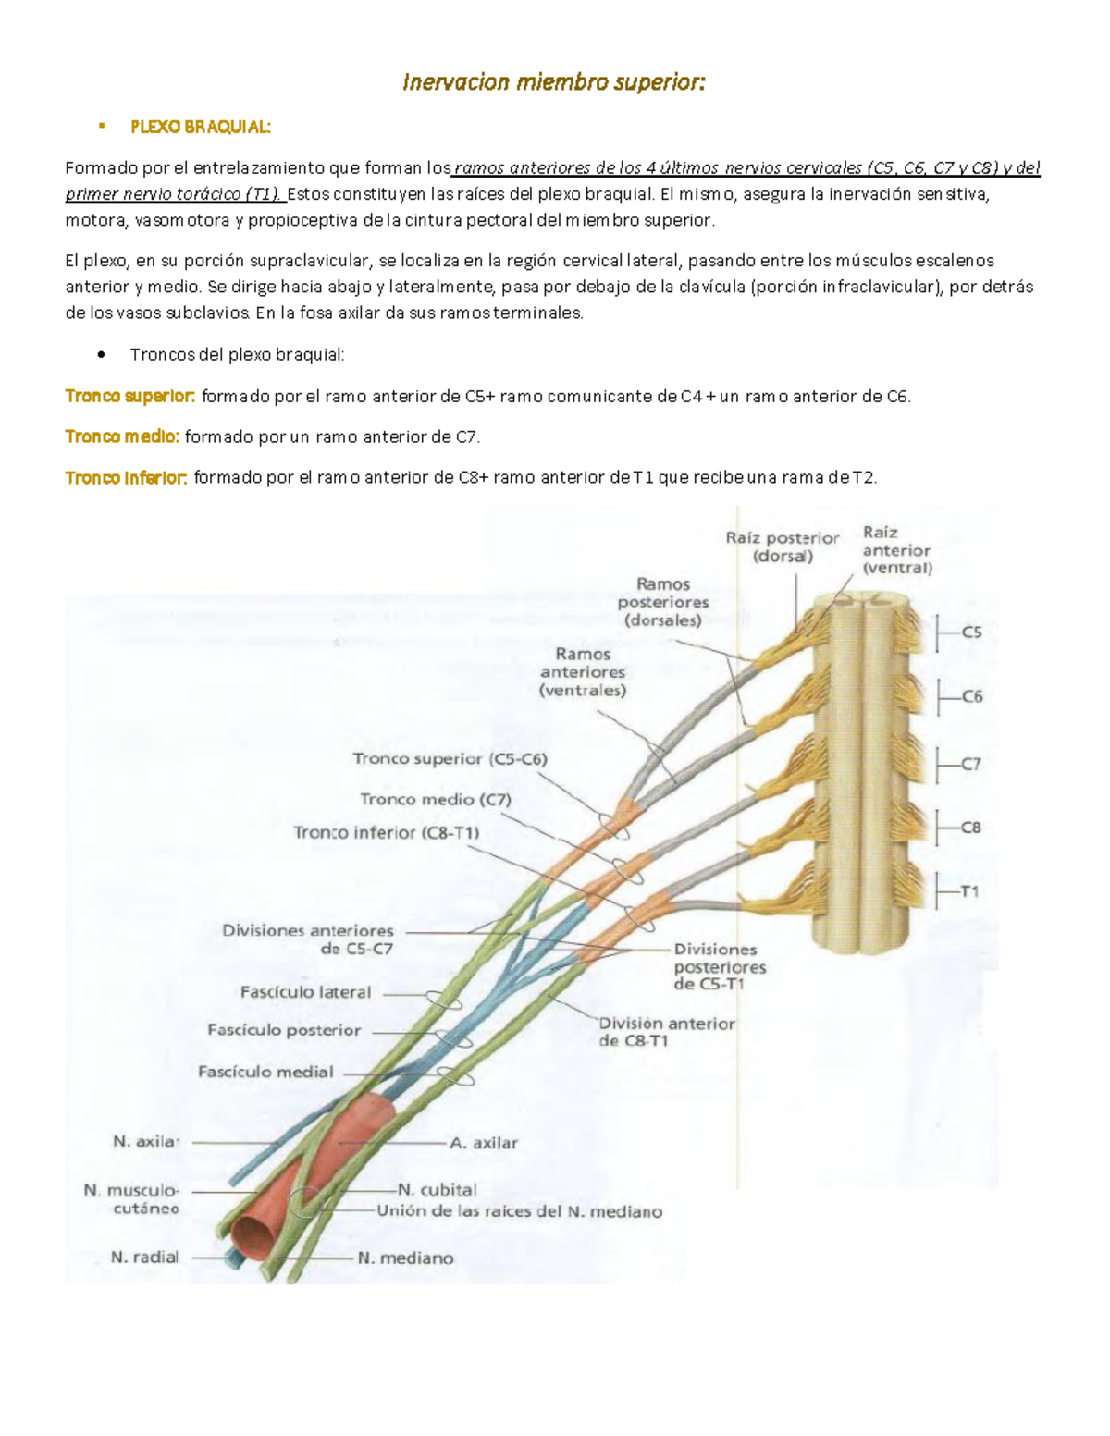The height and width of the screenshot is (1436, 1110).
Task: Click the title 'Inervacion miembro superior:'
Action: coord(553,82)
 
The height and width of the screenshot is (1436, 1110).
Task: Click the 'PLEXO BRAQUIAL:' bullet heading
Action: coord(201,127)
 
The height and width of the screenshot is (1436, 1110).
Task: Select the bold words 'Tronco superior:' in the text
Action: coord(129,397)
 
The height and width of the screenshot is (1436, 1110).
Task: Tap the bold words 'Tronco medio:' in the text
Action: coord(122,436)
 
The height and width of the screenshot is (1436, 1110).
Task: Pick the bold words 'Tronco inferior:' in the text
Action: coord(127,477)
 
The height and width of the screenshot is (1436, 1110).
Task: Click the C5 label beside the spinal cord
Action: coord(971,633)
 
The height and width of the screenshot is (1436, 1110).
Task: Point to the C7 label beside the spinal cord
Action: coord(970,765)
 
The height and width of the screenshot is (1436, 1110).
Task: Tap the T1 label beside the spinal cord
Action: coord(969,891)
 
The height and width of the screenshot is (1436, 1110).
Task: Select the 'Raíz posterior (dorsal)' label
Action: coord(782,546)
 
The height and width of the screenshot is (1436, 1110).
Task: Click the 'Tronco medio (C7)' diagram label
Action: coord(435,799)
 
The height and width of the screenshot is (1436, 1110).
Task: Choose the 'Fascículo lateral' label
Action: coord(305,992)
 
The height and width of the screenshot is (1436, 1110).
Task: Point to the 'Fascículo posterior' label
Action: coord(284,1030)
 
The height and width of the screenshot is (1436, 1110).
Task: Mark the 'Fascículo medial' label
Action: coord(265,1072)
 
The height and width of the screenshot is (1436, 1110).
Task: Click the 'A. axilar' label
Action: coord(484,1143)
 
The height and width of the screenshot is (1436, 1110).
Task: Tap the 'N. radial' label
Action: coord(144,1258)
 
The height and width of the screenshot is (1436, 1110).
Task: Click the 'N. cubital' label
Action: coord(438,1190)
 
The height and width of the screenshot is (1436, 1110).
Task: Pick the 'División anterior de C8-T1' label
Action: coord(667,1032)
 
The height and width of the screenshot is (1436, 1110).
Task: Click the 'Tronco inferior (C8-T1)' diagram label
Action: coord(386,832)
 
